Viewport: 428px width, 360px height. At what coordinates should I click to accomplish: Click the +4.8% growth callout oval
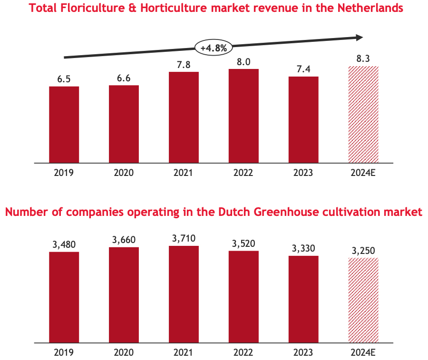pos(214,48)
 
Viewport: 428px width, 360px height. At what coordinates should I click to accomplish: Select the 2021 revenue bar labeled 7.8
pos(184,117)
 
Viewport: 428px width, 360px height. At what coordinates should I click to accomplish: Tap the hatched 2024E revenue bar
pos(363,114)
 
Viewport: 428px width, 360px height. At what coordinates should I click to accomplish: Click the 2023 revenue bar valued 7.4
pos(303,119)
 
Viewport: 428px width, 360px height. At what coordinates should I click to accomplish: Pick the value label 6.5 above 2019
pos(64,79)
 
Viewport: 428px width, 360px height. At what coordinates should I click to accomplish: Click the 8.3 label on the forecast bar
pos(363,58)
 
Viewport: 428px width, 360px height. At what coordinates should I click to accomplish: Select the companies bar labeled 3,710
pos(184,294)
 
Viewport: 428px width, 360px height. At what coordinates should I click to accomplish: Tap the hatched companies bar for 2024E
pos(363,300)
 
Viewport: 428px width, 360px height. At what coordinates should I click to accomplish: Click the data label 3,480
pos(64,244)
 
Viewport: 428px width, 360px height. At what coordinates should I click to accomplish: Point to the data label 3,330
pos(303,248)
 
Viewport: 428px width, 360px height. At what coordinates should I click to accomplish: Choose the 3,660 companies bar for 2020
pos(124,295)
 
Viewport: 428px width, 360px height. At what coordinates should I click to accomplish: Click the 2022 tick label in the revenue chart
pos(243,172)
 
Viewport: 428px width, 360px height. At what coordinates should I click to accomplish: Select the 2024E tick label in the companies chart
pos(363,352)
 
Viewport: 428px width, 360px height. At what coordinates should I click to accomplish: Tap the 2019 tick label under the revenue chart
pos(64,172)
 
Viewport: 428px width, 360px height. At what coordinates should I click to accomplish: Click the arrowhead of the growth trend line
pos(360,38)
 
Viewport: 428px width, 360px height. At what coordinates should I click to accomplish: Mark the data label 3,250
pos(363,251)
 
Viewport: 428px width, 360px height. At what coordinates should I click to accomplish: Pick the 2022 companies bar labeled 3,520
pos(243,296)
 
